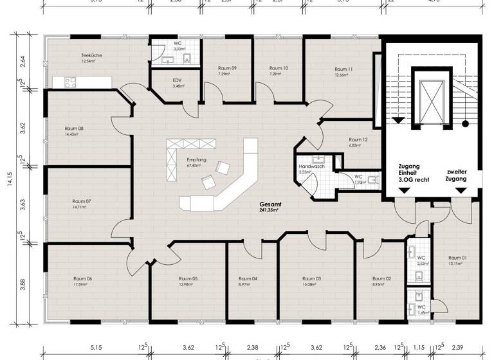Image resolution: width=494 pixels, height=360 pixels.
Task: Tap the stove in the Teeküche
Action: click(x=69, y=82)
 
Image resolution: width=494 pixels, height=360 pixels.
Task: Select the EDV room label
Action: click(x=178, y=80)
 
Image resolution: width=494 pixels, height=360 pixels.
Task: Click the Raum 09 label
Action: click(x=227, y=68)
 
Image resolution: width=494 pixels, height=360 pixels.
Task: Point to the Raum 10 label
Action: click(x=279, y=68)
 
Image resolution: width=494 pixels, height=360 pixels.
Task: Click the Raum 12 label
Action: click(x=358, y=139)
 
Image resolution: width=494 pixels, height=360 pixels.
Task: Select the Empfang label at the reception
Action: click(x=196, y=159)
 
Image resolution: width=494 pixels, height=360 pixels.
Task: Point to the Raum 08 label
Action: click(x=75, y=129)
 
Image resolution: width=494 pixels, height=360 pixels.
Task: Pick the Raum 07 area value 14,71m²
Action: click(x=82, y=208)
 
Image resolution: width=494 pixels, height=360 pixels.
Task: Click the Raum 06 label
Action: click(x=82, y=278)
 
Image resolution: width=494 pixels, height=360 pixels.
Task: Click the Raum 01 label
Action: click(x=457, y=257)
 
